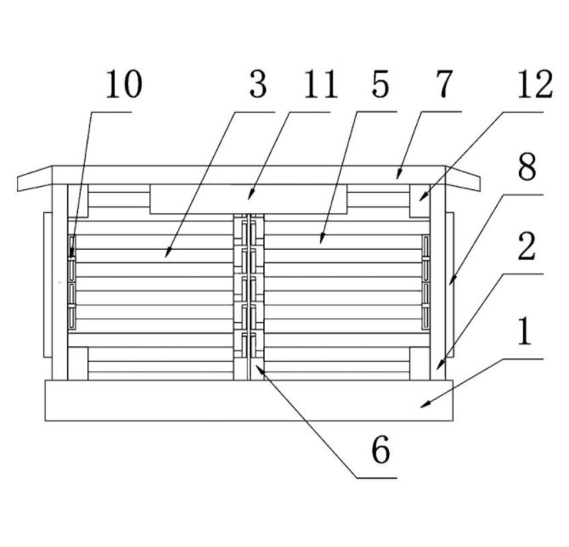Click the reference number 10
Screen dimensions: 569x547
124,85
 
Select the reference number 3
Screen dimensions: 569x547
258,85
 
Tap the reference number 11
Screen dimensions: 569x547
321,85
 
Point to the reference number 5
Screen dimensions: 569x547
380,85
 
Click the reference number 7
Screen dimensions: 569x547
444,84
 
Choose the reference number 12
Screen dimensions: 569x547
535,85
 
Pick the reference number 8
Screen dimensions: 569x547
527,166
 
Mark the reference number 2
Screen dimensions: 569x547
527,246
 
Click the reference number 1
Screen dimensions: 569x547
524,331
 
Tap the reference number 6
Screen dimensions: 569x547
381,450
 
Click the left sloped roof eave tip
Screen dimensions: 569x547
18,184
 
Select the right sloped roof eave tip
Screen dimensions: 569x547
480,184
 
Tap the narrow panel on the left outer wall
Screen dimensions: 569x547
48,285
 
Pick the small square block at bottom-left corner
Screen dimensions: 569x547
77,364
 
